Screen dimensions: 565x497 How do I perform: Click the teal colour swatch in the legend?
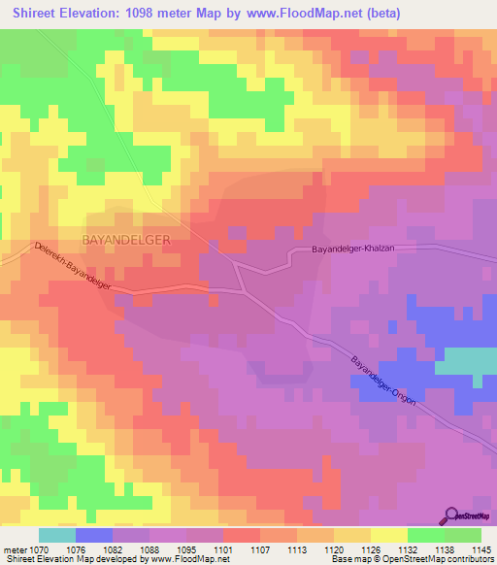(57, 535)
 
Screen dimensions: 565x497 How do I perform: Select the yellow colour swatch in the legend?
(388, 535)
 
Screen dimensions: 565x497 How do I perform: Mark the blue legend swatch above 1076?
(94, 535)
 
